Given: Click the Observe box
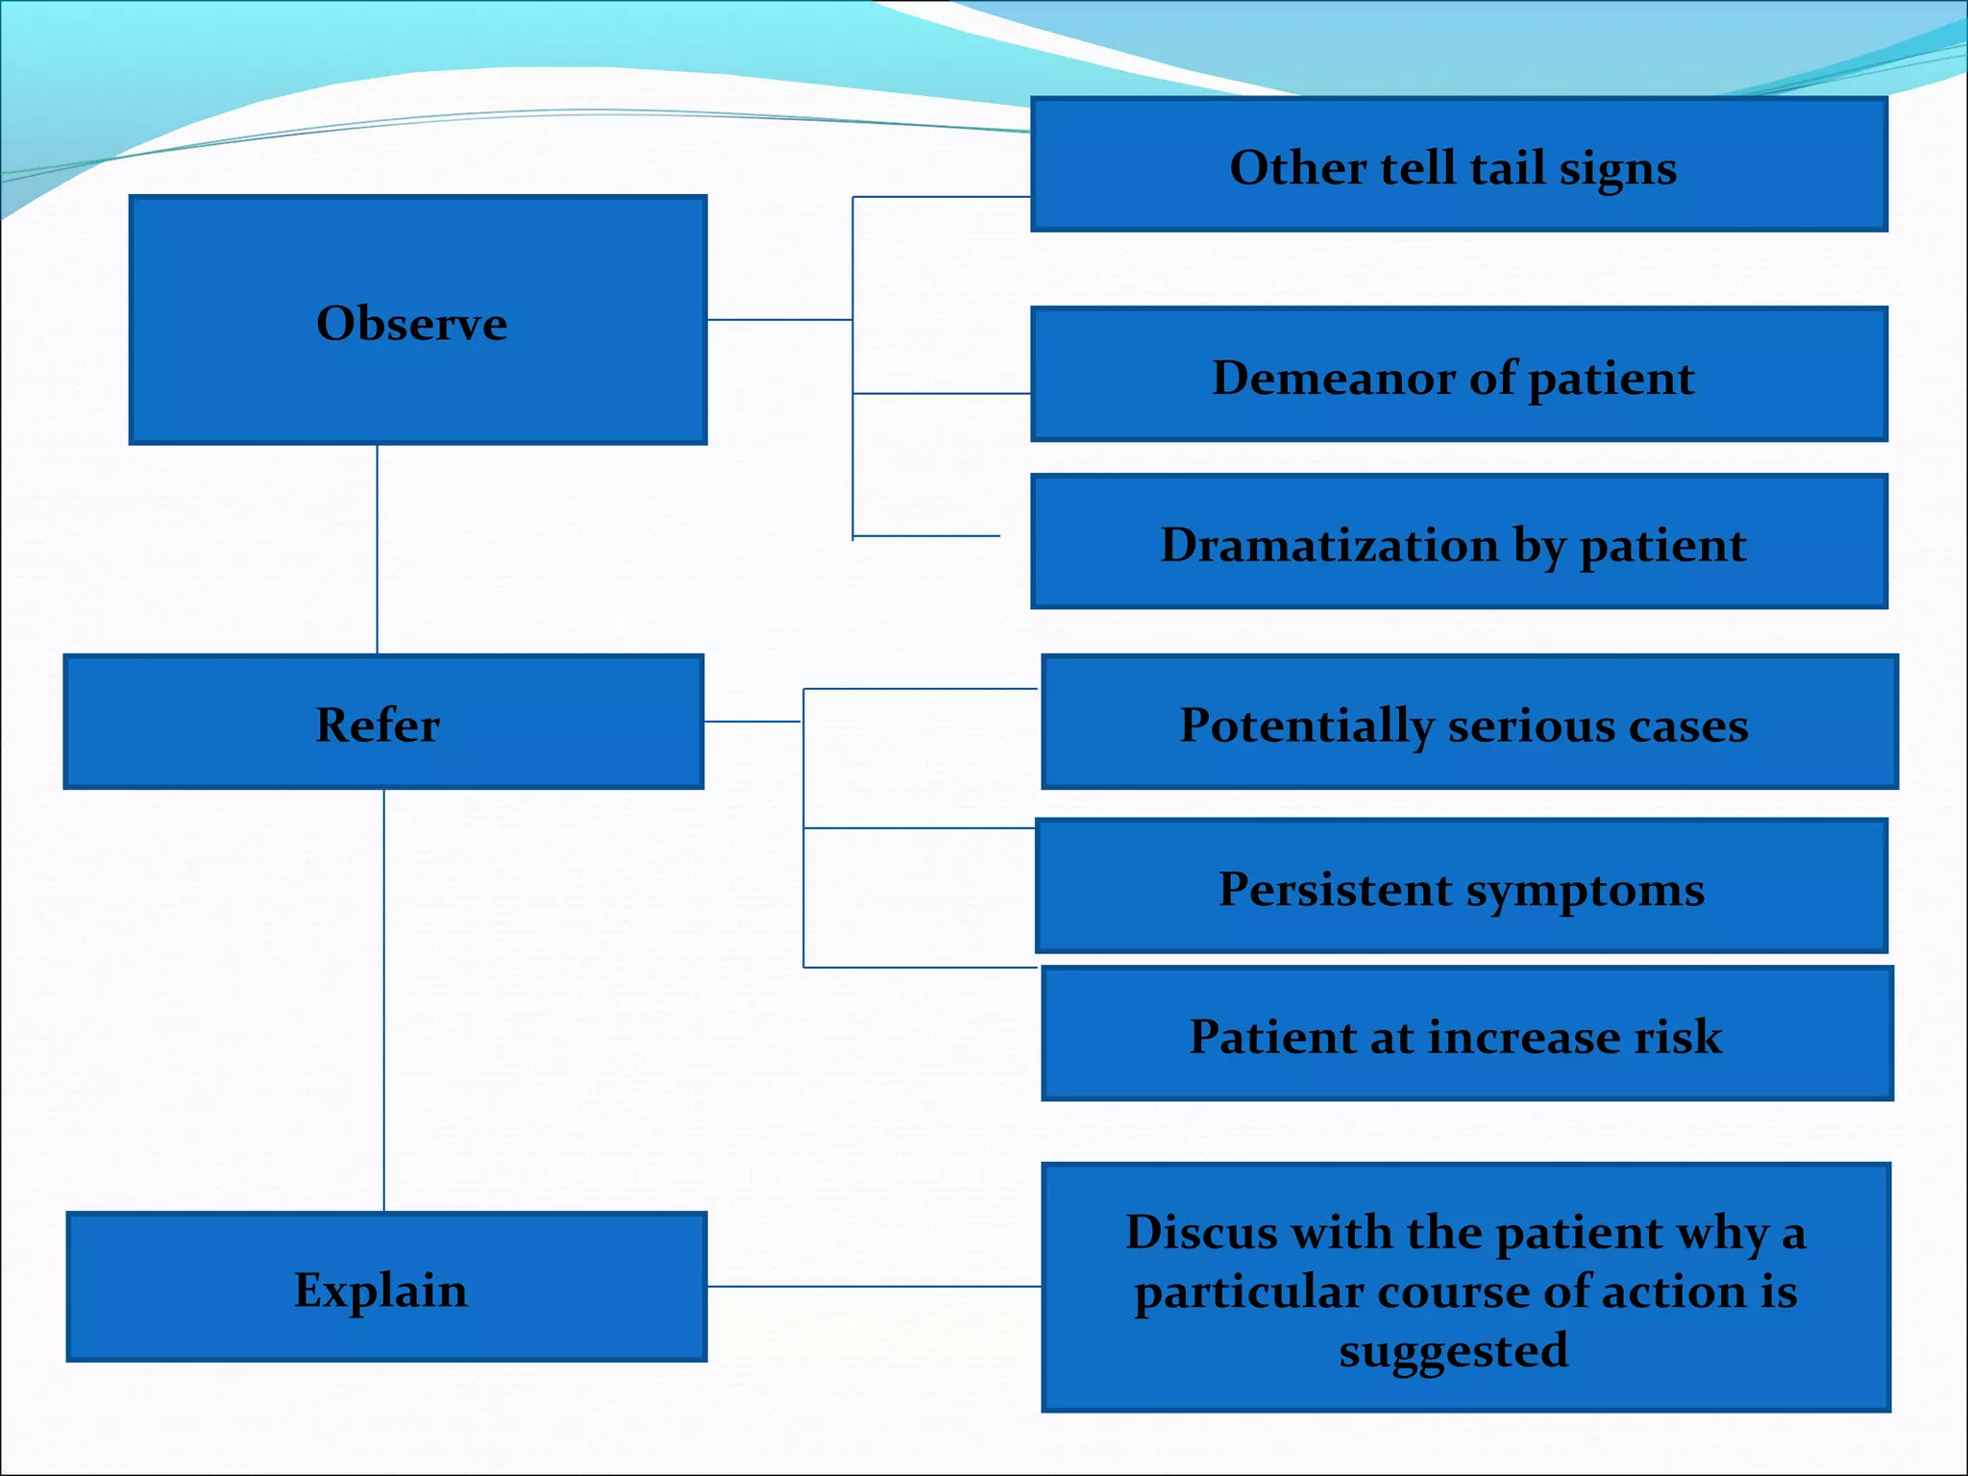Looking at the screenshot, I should (417, 320).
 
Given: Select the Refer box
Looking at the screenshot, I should (382, 723).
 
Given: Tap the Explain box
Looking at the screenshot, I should (385, 1288).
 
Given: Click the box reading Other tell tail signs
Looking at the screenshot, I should (1458, 165).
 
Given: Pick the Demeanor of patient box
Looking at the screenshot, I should (1458, 375).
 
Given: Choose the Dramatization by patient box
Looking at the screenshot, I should (1458, 542).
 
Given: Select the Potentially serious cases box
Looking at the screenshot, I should (1468, 723).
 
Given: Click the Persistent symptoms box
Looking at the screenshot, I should (1461, 887).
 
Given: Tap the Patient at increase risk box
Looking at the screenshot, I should (1466, 1035).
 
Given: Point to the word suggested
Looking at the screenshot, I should (1453, 1350).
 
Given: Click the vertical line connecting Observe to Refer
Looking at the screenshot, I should (377, 549).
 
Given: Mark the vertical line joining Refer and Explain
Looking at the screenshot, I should (384, 999).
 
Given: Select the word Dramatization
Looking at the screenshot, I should (1329, 545).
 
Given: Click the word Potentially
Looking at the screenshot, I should (1305, 726).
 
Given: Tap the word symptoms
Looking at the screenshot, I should (1585, 890).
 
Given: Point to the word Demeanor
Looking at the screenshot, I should (1333, 377).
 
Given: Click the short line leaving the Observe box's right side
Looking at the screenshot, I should (778, 320).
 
